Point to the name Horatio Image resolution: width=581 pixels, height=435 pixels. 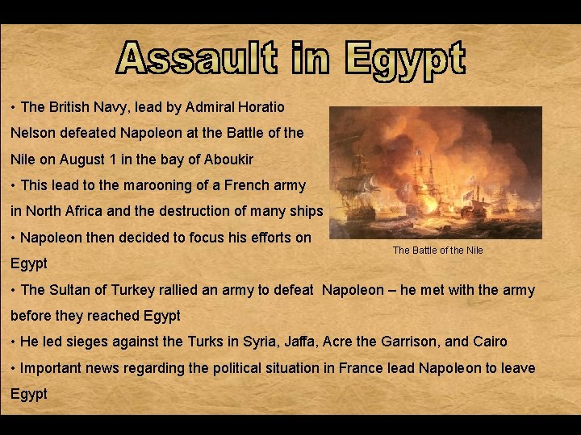pyautogui.click(x=263, y=106)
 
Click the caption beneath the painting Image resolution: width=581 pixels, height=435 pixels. pyautogui.click(x=437, y=251)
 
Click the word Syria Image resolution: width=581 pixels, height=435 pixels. pyautogui.click(x=259, y=342)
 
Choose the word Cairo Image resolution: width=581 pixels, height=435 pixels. pyautogui.click(x=487, y=342)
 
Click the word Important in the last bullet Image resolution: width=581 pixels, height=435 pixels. pyautogui.click(x=53, y=368)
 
